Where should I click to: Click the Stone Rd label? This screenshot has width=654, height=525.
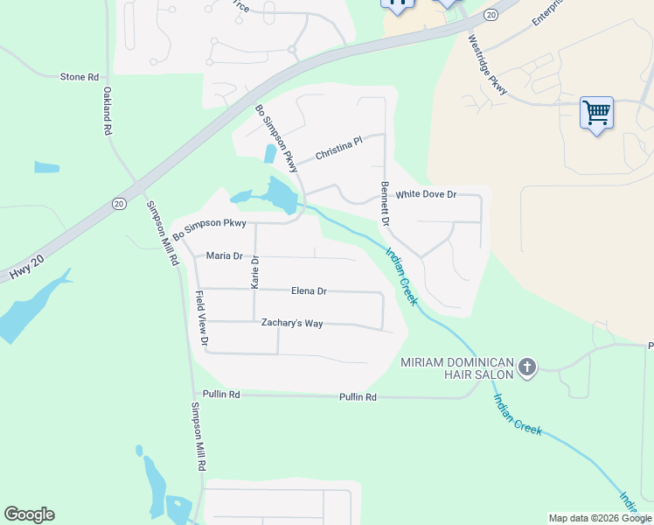pyautogui.click(x=78, y=77)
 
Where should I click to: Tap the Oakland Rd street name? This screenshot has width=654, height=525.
pyautogui.click(x=108, y=110)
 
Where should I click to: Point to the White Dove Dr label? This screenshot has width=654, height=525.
pyautogui.click(x=426, y=194)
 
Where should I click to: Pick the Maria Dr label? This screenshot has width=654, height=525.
pyautogui.click(x=224, y=255)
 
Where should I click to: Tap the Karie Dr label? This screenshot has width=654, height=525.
pyautogui.click(x=255, y=272)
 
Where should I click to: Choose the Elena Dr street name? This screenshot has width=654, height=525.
pyautogui.click(x=309, y=290)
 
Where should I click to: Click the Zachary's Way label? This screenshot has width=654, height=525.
pyautogui.click(x=292, y=323)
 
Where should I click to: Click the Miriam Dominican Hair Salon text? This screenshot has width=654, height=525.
pyautogui.click(x=456, y=368)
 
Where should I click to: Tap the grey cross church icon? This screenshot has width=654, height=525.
pyautogui.click(x=526, y=367)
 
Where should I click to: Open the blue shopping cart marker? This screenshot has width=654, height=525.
pyautogui.click(x=596, y=113)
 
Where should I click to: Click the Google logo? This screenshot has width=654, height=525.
pyautogui.click(x=29, y=514)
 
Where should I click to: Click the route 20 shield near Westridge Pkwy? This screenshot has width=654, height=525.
pyautogui.click(x=491, y=15)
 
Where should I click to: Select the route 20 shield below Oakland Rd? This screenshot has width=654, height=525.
pyautogui.click(x=120, y=203)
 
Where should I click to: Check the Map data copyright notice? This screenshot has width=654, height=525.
pyautogui.click(x=599, y=518)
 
